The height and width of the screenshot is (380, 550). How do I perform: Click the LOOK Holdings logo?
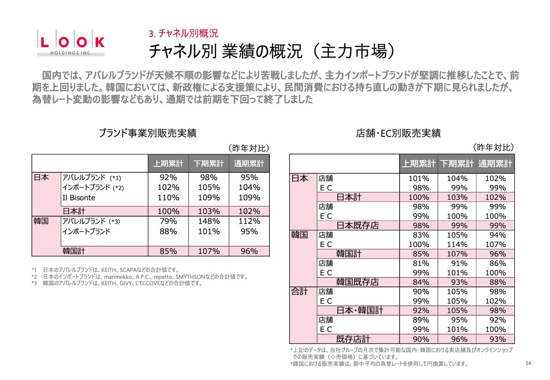pyautogui.click(x=70, y=43)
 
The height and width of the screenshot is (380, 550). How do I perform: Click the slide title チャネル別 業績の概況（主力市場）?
pyautogui.click(x=271, y=51)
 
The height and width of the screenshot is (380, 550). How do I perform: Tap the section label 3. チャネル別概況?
pyautogui.click(x=183, y=33)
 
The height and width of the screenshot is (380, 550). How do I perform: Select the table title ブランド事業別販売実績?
pyautogui.click(x=147, y=133)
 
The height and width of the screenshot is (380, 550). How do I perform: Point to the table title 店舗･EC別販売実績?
pyautogui.click(x=398, y=133)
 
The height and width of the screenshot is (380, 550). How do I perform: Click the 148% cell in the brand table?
pyautogui.click(x=209, y=221)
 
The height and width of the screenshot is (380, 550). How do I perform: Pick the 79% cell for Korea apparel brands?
pyautogui.click(x=168, y=221)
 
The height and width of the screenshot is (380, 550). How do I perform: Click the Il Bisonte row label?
pyautogui.click(x=79, y=198)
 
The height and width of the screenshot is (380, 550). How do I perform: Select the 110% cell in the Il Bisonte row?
pyautogui.click(x=168, y=198)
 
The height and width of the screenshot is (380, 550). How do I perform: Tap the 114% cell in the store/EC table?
pyautogui.click(x=457, y=244)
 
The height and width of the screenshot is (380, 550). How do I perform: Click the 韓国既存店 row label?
pyautogui.click(x=357, y=282)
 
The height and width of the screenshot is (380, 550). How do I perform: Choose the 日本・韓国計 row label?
pyautogui.click(x=360, y=311)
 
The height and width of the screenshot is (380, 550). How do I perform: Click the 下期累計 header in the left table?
pyautogui.click(x=209, y=163)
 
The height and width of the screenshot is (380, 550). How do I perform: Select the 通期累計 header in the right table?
pyautogui.click(x=495, y=163)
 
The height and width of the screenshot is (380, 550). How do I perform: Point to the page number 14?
pyautogui.click(x=529, y=364)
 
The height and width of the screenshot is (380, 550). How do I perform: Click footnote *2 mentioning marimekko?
pyautogui.click(x=140, y=277)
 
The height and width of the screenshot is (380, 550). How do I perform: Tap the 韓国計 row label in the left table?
pyautogui.click(x=74, y=251)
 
